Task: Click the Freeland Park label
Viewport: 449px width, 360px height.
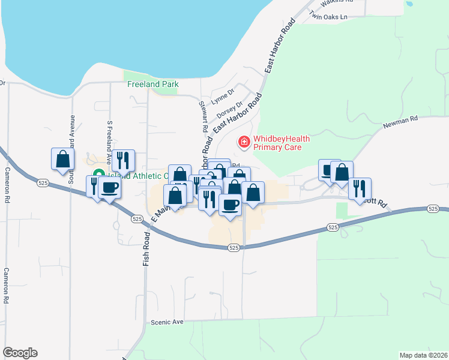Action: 153,85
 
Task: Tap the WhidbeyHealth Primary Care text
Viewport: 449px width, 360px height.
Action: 282,142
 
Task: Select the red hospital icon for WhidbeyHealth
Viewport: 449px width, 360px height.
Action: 244,142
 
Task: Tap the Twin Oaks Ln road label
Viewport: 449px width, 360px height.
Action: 328,17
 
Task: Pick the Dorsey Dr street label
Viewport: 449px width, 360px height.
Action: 229,110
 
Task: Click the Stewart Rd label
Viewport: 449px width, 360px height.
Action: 203,116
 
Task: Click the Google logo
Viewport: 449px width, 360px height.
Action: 20,353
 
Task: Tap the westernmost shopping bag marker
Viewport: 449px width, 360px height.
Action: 62,160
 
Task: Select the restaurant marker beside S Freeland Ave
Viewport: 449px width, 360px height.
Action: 123,161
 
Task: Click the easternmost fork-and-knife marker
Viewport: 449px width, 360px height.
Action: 360,188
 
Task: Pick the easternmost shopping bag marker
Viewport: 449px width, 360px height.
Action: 342,172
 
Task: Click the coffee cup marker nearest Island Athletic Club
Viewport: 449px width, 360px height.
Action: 109,188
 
